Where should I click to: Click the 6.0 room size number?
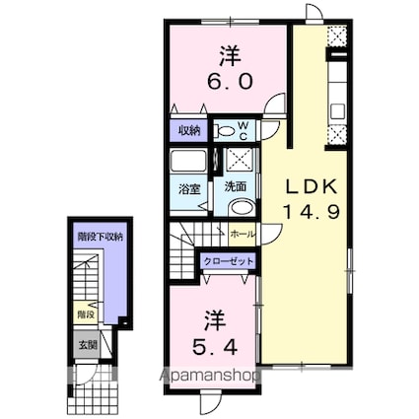(x=230, y=81)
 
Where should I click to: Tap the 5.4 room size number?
(x=215, y=347)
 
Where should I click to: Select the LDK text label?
(x=312, y=187)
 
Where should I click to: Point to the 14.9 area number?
(x=312, y=211)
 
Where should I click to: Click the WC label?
(x=243, y=130)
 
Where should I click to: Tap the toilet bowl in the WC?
(x=225, y=131)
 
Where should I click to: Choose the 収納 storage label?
(x=189, y=131)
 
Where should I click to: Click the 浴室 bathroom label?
(x=189, y=189)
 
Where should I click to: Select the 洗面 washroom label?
(x=236, y=186)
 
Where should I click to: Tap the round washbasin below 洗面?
(x=243, y=207)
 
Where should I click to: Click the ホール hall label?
(x=243, y=235)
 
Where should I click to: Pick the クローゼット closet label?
(x=229, y=261)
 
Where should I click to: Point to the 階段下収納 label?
(x=101, y=237)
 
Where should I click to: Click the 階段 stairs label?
(x=87, y=314)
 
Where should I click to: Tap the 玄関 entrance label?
(x=88, y=345)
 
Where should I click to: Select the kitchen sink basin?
(x=337, y=111)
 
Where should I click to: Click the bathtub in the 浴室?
(x=188, y=161)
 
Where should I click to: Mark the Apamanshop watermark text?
(x=210, y=376)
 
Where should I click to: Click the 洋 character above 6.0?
(x=230, y=56)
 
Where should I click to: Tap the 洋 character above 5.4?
(x=215, y=321)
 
